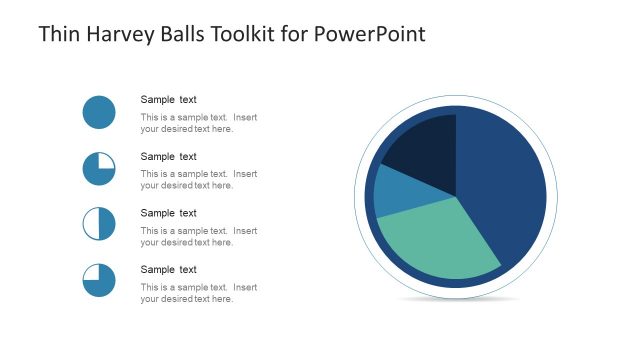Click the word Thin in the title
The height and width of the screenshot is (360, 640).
(57, 34)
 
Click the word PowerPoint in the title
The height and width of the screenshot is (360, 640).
(369, 34)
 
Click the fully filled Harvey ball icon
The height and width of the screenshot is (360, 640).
(99, 112)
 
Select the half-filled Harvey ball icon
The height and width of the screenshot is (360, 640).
(99, 223)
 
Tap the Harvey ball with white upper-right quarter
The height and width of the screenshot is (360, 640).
(99, 168)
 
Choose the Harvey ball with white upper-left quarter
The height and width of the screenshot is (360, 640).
(99, 280)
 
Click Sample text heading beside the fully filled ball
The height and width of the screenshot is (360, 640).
(168, 99)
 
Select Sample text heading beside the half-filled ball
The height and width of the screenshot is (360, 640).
(168, 213)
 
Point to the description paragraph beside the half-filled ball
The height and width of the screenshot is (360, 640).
(198, 236)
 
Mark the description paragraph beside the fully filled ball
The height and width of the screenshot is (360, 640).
(198, 123)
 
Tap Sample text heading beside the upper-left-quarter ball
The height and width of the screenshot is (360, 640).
(168, 269)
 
